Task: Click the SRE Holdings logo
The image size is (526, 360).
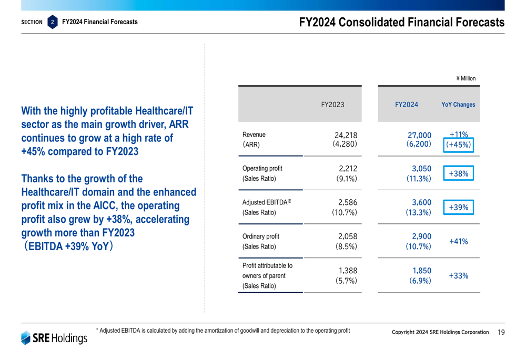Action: (x=54, y=338)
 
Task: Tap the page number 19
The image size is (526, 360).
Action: (x=500, y=332)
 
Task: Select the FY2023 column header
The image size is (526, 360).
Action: (x=332, y=105)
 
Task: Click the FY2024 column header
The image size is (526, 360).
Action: (x=406, y=105)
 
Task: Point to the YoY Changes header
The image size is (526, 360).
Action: (x=458, y=105)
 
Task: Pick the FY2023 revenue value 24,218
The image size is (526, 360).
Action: (x=346, y=135)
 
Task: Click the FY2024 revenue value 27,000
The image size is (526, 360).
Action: (x=419, y=135)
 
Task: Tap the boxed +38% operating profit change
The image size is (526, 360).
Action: (x=459, y=173)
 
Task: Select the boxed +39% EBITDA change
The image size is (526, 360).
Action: (x=459, y=208)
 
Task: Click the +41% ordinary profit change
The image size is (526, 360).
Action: (x=459, y=242)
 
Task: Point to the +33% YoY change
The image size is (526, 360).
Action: (x=459, y=276)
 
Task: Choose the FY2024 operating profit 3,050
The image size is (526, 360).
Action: (x=421, y=169)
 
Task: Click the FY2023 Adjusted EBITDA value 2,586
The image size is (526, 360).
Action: (x=348, y=203)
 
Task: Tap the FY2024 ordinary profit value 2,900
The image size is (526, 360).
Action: (x=421, y=236)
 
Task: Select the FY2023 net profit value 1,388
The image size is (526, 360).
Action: (x=348, y=271)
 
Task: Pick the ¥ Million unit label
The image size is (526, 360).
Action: (x=466, y=79)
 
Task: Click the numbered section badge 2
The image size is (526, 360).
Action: (x=53, y=22)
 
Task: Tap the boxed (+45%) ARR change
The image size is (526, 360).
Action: (x=459, y=145)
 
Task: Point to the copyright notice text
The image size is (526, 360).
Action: (x=440, y=332)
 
